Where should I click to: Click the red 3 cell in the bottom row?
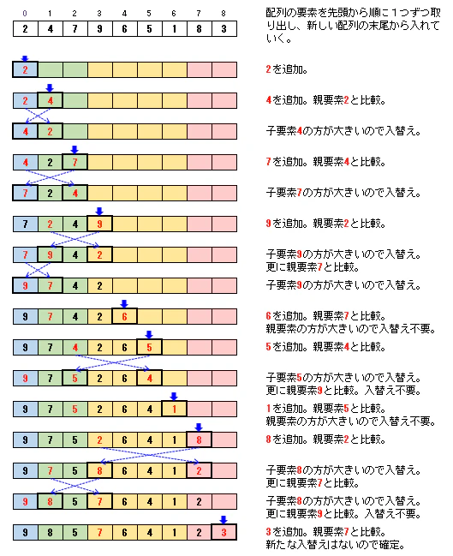point(224,533)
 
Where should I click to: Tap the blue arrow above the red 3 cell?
point(224,518)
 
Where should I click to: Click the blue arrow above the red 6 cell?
point(125,302)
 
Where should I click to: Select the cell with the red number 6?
point(125,317)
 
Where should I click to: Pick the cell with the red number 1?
point(175,410)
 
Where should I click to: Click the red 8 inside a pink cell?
point(199,440)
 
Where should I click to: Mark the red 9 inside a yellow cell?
point(100,224)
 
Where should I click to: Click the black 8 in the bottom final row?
point(51,533)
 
